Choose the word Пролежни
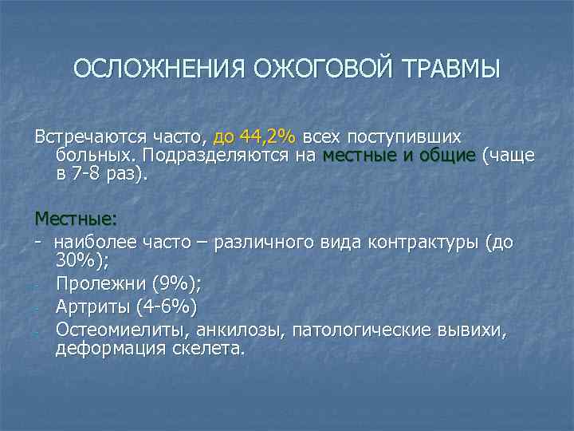(x=94, y=283)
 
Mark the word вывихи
(x=468, y=330)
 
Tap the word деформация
(x=105, y=349)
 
